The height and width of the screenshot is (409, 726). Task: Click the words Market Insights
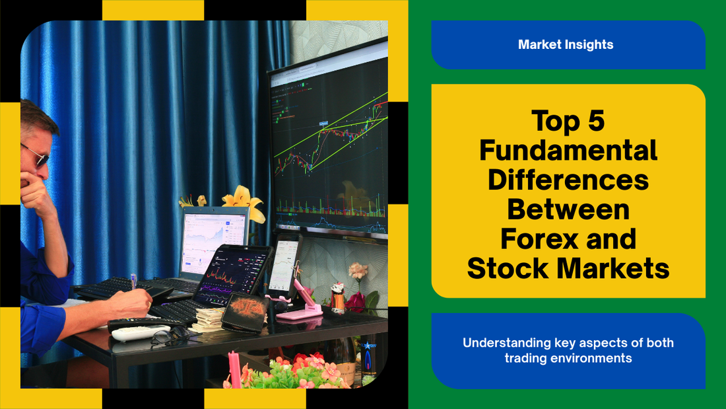point(566,44)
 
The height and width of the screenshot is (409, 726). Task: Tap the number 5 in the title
point(597,120)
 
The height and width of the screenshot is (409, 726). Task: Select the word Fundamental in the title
point(568,150)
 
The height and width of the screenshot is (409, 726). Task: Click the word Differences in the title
point(568,180)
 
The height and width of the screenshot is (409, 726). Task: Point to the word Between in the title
point(568,209)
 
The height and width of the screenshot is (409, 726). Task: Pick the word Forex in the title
point(539,239)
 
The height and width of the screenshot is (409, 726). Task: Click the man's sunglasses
point(37,156)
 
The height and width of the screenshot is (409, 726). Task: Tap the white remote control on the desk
point(141,332)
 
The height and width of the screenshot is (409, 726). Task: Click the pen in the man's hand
point(134,281)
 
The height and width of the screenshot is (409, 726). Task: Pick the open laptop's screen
point(214,242)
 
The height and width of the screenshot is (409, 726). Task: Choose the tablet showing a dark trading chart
point(232,274)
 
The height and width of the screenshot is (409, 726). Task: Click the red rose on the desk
point(356,302)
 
